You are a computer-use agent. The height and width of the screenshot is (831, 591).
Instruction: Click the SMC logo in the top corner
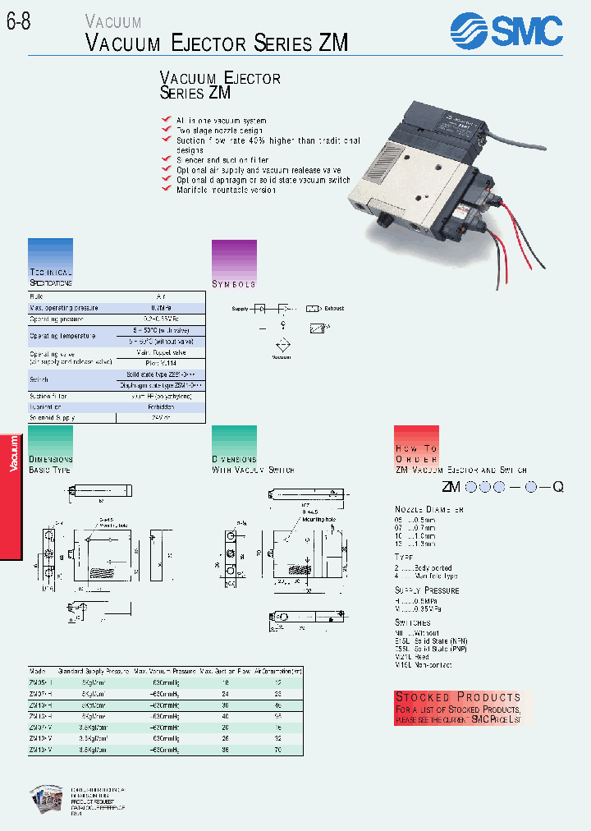point(506,30)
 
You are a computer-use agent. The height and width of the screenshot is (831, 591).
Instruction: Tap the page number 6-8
point(19,24)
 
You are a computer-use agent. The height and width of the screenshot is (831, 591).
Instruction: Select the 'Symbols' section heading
point(234,284)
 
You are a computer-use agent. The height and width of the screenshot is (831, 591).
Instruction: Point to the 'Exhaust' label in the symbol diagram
point(334,309)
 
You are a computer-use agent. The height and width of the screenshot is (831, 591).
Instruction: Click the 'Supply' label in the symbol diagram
point(240,309)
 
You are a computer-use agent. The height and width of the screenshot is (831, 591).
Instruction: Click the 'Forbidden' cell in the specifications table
point(161,406)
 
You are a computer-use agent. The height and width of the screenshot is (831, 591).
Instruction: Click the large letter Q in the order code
point(557,487)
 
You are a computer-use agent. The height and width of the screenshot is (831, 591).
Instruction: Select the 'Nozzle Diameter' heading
point(429,510)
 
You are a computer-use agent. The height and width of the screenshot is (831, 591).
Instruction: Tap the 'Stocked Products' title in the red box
point(458,697)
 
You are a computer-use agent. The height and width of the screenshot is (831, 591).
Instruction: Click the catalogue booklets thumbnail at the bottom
point(47,801)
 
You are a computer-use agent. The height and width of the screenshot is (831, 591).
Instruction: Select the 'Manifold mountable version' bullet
point(226,190)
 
